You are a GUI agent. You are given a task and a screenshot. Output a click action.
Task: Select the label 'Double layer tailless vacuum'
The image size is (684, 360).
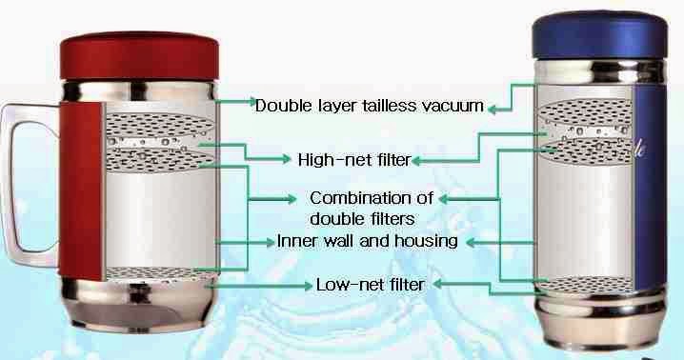pos(370,104)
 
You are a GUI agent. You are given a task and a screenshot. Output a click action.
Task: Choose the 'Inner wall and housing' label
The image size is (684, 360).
pos(368,241)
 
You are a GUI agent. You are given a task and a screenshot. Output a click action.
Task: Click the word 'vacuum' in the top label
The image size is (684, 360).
pos(453,104)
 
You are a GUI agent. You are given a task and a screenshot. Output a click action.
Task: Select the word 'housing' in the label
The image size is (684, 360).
pos(428,241)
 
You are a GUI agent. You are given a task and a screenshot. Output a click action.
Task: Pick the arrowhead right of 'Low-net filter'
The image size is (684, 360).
pos(446,283)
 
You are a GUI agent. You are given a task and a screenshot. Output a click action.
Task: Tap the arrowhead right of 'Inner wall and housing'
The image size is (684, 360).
pos(469,242)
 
